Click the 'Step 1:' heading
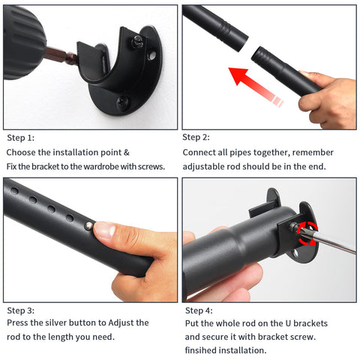(21, 138)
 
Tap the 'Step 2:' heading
(196, 137)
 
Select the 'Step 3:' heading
(21, 310)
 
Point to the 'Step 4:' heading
(199, 310)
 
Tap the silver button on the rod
(88, 226)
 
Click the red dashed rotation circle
(307, 233)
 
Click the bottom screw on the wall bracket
(122, 103)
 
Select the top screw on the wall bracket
(137, 41)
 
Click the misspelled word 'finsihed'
(200, 350)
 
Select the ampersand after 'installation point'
(127, 152)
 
